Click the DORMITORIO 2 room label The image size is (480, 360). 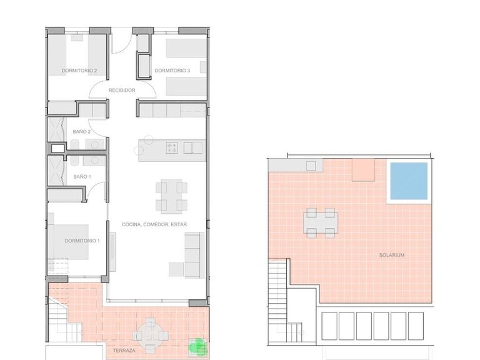79,71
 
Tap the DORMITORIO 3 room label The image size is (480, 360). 172,71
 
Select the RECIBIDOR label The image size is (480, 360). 122,91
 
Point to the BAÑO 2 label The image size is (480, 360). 82,132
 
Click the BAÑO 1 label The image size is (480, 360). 82,177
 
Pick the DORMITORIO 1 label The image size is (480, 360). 82,241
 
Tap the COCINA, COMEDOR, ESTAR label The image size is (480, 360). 154,224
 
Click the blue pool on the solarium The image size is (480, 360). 409,181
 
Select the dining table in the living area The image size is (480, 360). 170,196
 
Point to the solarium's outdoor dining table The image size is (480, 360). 321,223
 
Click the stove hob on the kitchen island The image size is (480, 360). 172,148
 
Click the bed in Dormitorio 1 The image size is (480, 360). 71,241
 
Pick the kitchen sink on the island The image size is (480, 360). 193,148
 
